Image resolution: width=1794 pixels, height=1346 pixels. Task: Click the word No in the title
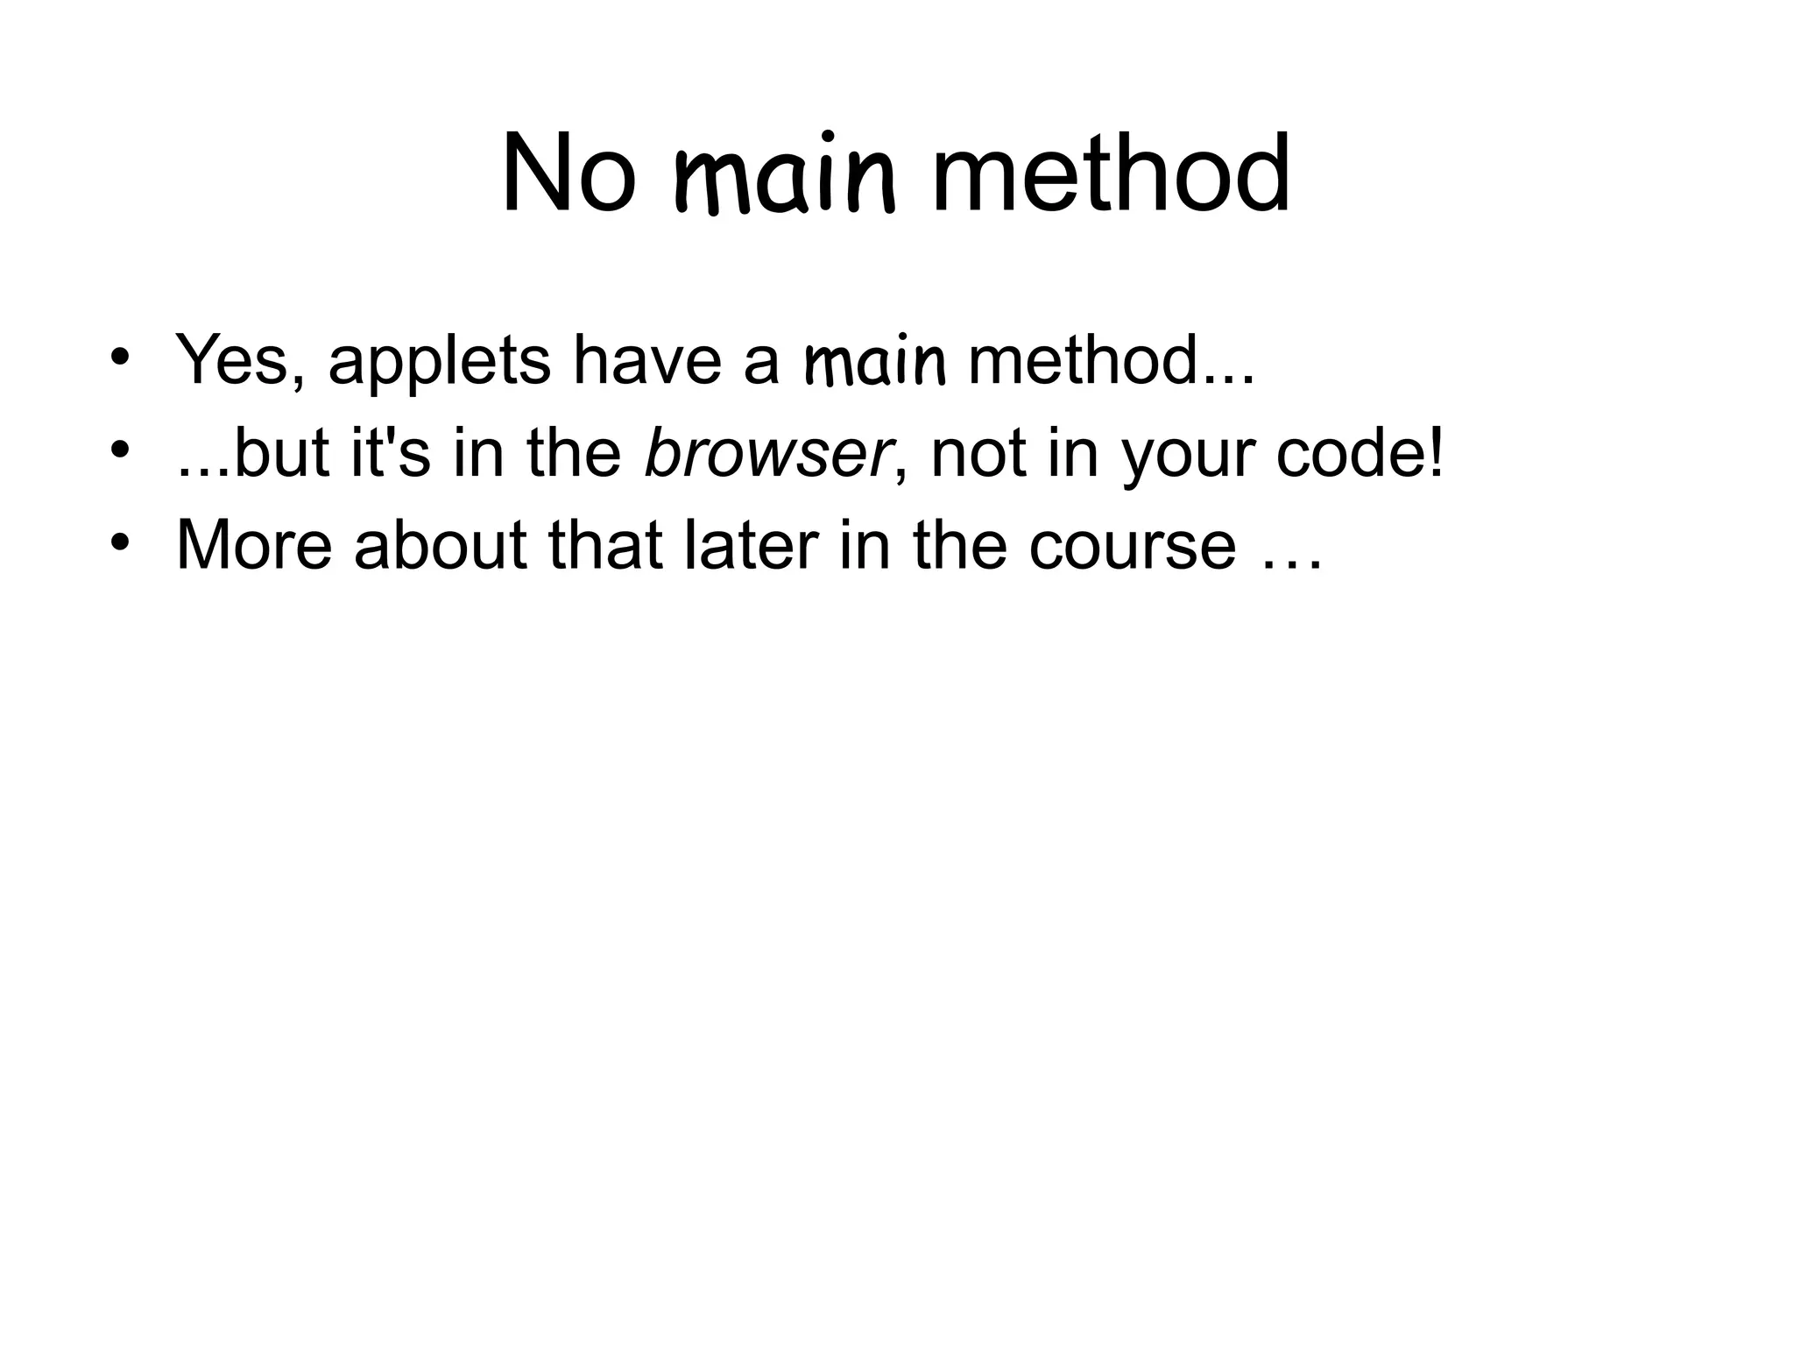tap(568, 175)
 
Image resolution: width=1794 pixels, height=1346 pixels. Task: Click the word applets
tap(439, 362)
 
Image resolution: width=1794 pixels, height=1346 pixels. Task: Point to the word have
tap(646, 360)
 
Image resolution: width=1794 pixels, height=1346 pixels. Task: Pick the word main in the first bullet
tap(875, 362)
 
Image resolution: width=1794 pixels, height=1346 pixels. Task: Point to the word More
tap(254, 545)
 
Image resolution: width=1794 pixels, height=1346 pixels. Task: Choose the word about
tap(441, 545)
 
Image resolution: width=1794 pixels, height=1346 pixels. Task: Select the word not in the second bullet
tap(978, 456)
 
